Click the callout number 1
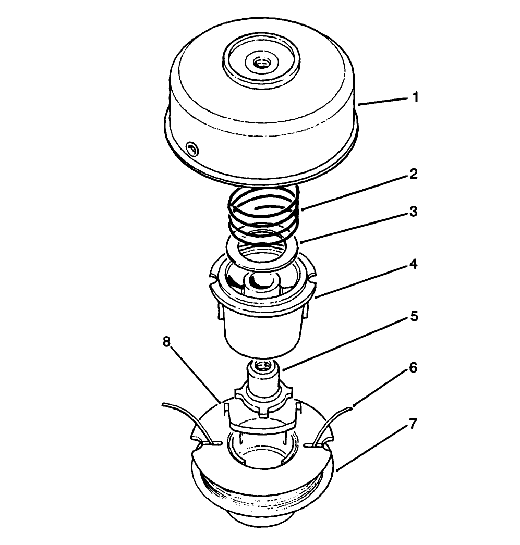[x=415, y=97]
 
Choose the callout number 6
[x=412, y=368]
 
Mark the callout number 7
[x=412, y=424]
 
